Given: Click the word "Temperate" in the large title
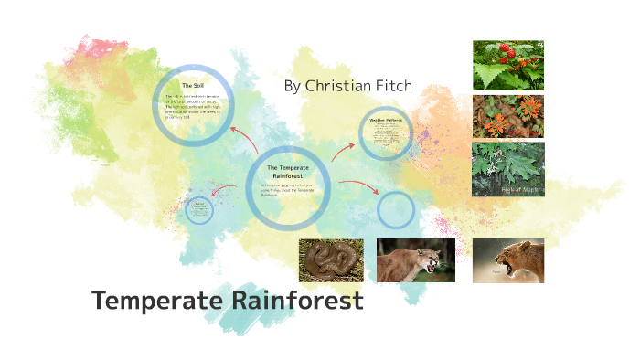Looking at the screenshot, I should [x=155, y=301].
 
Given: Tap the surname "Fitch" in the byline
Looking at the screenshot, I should [x=395, y=86].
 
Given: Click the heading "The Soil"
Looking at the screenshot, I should [x=192, y=86].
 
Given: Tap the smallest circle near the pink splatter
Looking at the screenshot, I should [x=198, y=210].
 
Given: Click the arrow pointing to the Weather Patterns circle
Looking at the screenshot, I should [x=343, y=151].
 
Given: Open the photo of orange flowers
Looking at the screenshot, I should [x=507, y=117].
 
